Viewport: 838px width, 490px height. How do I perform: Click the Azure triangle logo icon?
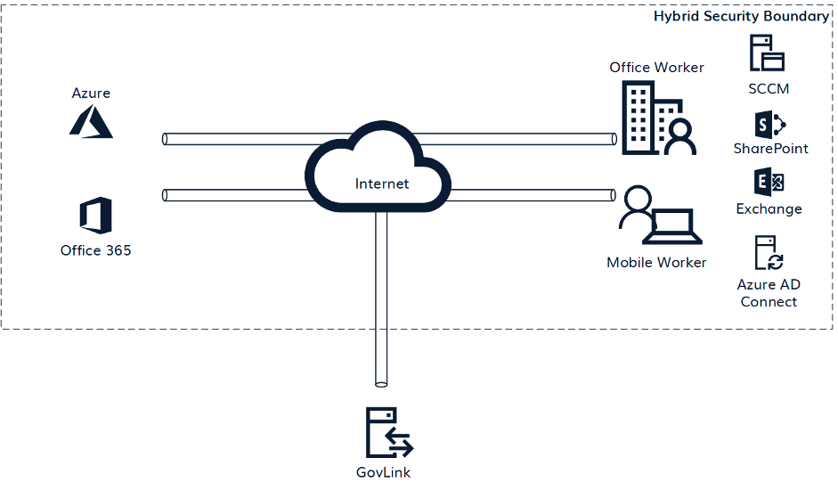click(x=92, y=121)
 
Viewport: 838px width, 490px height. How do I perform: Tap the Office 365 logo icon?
click(x=95, y=216)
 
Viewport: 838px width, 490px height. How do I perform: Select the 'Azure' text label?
click(x=91, y=93)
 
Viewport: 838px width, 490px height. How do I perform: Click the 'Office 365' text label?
click(x=95, y=250)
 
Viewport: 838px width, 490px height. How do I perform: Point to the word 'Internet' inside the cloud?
click(x=382, y=184)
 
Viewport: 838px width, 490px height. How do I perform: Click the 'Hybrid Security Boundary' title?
click(x=741, y=16)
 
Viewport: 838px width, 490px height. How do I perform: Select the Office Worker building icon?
click(x=658, y=118)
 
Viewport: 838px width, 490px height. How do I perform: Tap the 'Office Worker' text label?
click(x=656, y=68)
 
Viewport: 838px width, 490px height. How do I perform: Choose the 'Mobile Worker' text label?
click(x=656, y=262)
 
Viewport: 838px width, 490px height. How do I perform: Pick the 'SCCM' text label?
click(x=769, y=88)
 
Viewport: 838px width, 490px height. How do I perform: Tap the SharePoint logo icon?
click(x=769, y=125)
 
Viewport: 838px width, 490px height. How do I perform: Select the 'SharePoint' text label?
click(x=770, y=149)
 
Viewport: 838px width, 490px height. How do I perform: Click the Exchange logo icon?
click(x=769, y=183)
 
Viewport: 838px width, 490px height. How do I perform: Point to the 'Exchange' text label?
click(x=769, y=208)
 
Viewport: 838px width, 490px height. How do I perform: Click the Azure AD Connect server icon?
click(x=768, y=253)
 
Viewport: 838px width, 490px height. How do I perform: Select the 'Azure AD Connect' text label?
click(x=769, y=293)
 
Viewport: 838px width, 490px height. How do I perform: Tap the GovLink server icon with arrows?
click(x=388, y=433)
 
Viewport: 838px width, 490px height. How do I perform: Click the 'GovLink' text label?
click(x=382, y=473)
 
